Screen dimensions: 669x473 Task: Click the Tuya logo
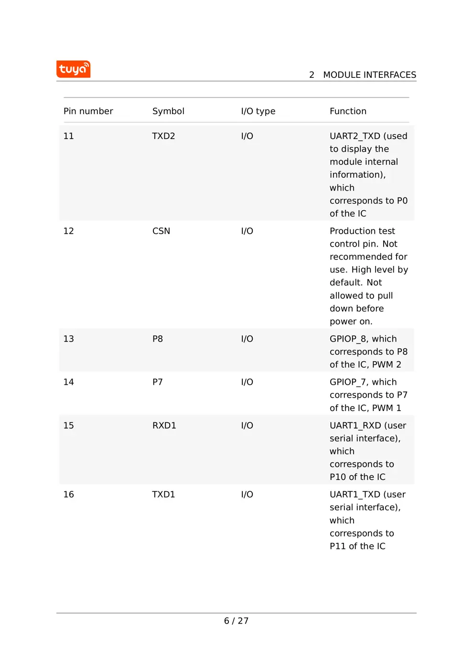click(73, 69)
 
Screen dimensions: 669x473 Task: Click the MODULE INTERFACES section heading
click(369, 75)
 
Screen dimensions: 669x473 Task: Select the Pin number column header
click(88, 111)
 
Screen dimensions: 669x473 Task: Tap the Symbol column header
click(168, 111)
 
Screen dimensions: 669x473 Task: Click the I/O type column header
click(258, 111)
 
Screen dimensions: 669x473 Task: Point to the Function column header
click(348, 111)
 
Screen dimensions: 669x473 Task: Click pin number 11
click(69, 136)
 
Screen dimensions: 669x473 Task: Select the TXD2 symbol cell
click(163, 136)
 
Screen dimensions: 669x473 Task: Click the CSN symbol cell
click(161, 231)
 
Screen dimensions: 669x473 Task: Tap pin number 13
click(69, 339)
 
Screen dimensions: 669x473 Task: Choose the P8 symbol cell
click(158, 339)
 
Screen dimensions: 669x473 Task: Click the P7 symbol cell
click(158, 382)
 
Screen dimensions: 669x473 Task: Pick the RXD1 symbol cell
click(164, 426)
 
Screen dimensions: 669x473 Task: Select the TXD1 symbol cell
click(163, 495)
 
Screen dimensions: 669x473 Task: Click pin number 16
click(69, 495)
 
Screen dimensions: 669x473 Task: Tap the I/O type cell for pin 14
click(247, 382)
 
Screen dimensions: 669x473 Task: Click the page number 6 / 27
click(236, 621)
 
